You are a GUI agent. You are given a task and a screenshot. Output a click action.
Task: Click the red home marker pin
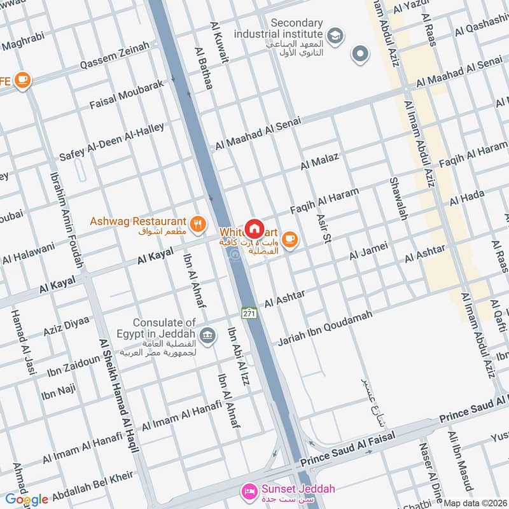click(x=254, y=228)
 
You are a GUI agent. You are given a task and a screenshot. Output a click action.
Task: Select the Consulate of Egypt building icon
click(x=207, y=335)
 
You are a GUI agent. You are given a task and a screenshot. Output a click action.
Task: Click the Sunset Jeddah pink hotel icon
click(x=249, y=492)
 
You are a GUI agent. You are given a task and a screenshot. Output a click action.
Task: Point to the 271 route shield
click(x=249, y=313)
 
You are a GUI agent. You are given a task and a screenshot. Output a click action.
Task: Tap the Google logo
click(x=27, y=499)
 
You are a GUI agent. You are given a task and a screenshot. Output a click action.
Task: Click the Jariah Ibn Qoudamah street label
click(x=324, y=328)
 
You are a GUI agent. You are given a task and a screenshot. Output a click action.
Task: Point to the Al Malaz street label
click(x=320, y=162)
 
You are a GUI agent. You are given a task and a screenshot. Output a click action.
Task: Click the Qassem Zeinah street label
click(x=115, y=56)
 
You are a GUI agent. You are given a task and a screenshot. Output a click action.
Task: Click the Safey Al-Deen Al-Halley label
click(x=112, y=142)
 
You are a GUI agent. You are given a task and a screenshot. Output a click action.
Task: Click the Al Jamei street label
click(x=368, y=251)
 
